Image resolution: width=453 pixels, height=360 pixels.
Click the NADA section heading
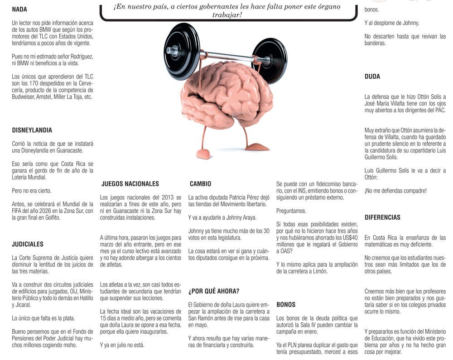coord(19,9)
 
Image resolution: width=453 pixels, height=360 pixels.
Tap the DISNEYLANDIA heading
coord(32,130)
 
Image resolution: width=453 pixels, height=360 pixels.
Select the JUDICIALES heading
coord(28,244)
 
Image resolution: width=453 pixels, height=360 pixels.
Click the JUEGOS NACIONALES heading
coord(130,184)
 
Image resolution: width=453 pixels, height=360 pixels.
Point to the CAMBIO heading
coord(201,184)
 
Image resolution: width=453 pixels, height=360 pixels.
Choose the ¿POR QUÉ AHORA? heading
coord(214,291)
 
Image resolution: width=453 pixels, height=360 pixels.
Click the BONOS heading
coord(286,305)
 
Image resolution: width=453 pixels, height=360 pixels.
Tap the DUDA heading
coord(372,77)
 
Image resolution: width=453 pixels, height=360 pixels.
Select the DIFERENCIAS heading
coord(382,217)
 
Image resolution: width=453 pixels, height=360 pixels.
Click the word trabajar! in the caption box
coord(227,15)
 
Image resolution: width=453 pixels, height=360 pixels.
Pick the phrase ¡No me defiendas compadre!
coord(395,191)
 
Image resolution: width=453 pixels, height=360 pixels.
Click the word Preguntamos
coord(291,211)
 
